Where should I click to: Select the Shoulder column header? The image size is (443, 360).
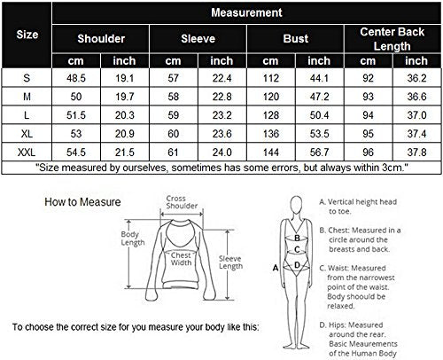pyautogui.click(x=101, y=39)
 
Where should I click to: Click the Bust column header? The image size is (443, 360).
pyautogui.click(x=296, y=39)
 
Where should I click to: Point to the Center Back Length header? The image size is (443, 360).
pyautogui.click(x=392, y=39)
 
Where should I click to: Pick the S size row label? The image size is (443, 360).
pyautogui.click(x=27, y=79)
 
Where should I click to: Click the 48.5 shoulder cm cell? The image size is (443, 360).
pyautogui.click(x=75, y=79)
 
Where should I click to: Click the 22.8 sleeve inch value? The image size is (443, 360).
pyautogui.click(x=221, y=97)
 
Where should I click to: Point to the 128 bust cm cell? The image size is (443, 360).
pyautogui.click(x=271, y=114)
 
